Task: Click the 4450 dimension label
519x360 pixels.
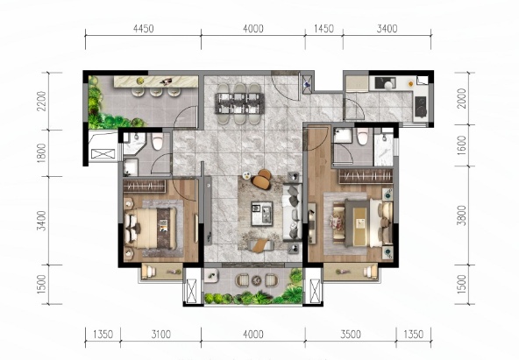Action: (143, 29)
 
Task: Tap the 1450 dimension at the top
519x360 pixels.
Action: (323, 29)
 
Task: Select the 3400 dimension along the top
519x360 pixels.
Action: (387, 29)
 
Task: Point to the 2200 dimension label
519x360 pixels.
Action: (41, 101)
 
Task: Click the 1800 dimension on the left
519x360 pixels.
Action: (41, 153)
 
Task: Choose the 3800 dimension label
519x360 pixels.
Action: (461, 215)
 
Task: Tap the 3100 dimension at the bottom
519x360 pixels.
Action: (161, 335)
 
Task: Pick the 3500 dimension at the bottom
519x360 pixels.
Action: (351, 335)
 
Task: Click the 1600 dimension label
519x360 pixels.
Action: (461, 145)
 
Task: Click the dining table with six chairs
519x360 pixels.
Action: (239, 103)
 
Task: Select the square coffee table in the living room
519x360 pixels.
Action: (261, 214)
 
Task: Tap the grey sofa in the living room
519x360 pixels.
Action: (292, 212)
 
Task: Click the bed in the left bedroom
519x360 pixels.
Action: (151, 228)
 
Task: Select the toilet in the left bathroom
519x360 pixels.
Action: (158, 141)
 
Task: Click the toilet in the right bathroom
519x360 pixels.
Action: (362, 136)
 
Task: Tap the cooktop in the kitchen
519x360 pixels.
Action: (421, 107)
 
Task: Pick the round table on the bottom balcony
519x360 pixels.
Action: (256, 280)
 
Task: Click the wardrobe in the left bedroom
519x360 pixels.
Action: (145, 186)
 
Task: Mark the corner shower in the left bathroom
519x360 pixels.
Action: (133, 144)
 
